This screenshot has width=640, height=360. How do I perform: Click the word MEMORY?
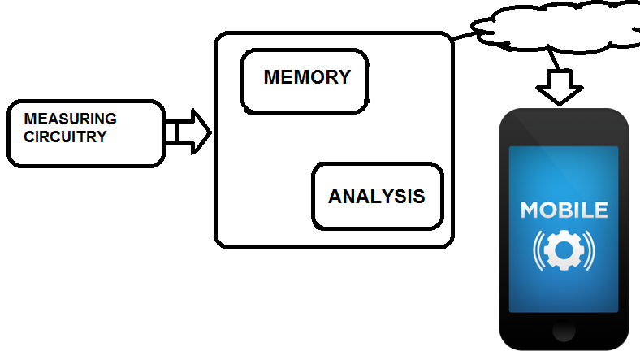point(307,77)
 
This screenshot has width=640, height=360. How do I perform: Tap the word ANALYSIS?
point(376,197)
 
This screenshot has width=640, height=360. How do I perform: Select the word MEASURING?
point(70,119)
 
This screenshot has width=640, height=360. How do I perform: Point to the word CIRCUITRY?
point(65,137)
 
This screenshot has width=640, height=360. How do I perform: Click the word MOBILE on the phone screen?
point(564,210)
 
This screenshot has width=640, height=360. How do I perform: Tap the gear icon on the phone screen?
point(564,249)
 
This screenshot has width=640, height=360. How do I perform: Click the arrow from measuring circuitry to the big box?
point(188,132)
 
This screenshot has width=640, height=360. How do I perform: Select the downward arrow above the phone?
point(559,87)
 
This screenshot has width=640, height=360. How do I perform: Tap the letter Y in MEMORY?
point(344,77)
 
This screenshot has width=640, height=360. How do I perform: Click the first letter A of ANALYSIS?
point(335,197)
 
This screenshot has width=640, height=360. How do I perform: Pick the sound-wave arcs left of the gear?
point(538,250)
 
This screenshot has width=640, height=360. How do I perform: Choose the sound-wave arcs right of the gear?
point(589,250)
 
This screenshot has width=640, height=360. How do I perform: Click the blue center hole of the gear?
point(564,249)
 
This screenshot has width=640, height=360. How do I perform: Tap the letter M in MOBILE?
point(530,210)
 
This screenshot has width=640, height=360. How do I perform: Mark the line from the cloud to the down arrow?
point(553,59)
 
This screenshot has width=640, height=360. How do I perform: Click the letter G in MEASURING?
point(111,119)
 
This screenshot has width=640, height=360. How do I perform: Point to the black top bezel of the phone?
point(564,127)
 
